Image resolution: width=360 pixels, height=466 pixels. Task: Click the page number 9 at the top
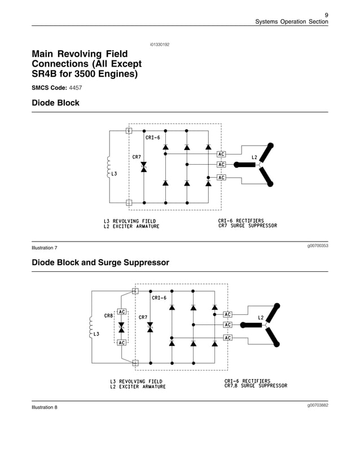[x=326, y=14]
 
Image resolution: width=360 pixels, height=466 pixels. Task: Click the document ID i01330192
[x=160, y=44]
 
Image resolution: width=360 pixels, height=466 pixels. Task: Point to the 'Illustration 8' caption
[x=45, y=408]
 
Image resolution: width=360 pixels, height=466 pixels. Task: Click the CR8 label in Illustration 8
[x=108, y=315]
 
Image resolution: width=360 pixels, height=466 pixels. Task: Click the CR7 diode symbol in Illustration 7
[x=143, y=166]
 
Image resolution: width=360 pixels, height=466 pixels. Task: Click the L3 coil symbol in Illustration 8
[x=90, y=327]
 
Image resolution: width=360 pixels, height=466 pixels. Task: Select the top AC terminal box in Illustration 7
[x=221, y=154]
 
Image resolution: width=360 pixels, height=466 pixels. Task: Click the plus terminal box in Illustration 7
[x=129, y=203]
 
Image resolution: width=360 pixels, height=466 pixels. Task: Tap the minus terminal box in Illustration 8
[x=135, y=362]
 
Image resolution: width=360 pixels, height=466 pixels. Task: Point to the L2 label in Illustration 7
[x=254, y=157]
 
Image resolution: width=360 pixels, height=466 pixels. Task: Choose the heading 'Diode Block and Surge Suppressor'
[x=100, y=263]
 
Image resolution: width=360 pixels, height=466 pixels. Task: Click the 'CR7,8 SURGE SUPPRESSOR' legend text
[x=256, y=386]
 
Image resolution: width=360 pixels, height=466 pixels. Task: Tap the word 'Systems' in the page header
[x=267, y=21]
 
